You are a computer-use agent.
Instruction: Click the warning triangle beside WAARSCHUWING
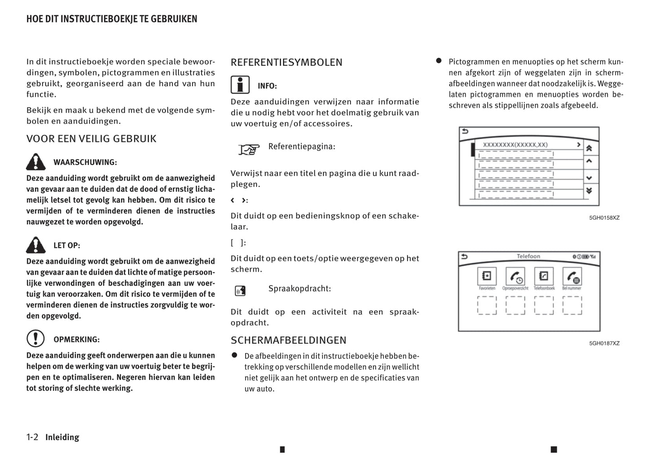click(x=36, y=162)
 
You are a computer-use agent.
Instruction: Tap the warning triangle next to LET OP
click(x=36, y=245)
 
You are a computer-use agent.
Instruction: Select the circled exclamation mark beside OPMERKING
click(x=36, y=339)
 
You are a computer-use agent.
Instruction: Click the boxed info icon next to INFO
click(x=240, y=85)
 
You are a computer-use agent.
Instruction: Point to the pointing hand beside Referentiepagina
click(x=249, y=149)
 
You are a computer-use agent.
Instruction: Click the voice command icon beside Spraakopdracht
click(x=240, y=291)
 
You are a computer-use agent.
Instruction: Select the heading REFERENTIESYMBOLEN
click(x=286, y=62)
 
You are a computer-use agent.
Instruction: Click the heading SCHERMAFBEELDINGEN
click(x=288, y=340)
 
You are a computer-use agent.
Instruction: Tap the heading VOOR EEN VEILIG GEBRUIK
click(x=91, y=139)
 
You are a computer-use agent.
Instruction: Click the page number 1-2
click(x=32, y=437)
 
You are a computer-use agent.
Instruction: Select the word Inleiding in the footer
click(x=62, y=437)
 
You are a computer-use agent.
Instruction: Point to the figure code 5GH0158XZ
click(x=604, y=218)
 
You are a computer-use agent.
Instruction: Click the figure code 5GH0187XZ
click(x=604, y=343)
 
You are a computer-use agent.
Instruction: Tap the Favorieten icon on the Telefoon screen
click(x=487, y=276)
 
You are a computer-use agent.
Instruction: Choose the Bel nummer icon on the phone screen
click(x=572, y=276)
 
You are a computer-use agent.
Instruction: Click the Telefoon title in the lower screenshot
click(x=528, y=256)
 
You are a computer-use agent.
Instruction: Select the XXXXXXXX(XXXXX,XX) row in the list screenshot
click(x=515, y=145)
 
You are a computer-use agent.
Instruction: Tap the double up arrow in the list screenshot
click(x=589, y=148)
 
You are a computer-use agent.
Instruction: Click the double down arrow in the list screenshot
click(x=589, y=191)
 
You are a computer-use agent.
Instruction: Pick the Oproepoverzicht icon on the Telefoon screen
click(x=515, y=276)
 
